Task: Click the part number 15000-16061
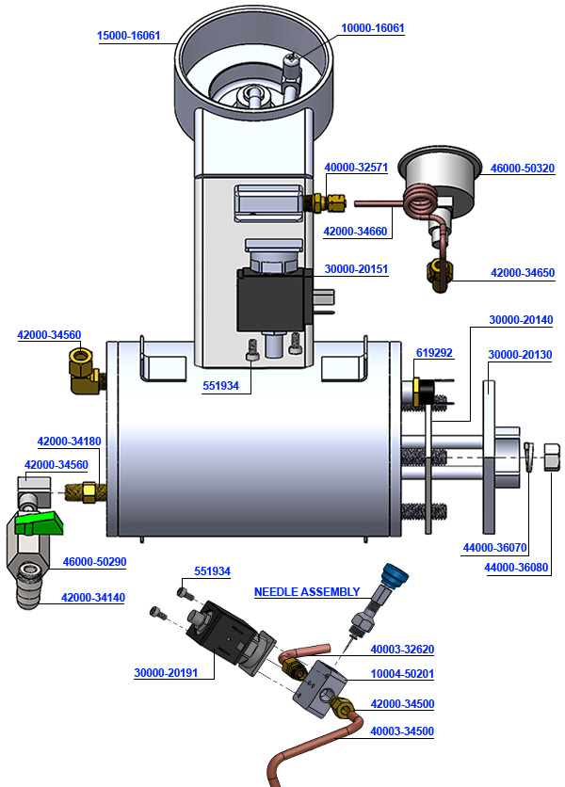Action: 129,36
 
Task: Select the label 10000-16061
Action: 372,28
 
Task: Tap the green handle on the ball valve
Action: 39,520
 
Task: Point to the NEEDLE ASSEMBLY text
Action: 307,591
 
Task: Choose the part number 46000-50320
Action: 523,169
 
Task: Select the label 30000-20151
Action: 356,268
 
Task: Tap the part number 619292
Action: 434,353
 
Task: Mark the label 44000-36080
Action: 516,568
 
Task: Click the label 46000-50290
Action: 94,561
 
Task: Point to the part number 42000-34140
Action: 94,597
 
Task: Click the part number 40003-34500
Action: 402,731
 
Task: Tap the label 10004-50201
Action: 402,675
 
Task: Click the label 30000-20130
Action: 521,354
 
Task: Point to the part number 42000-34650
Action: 523,272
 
